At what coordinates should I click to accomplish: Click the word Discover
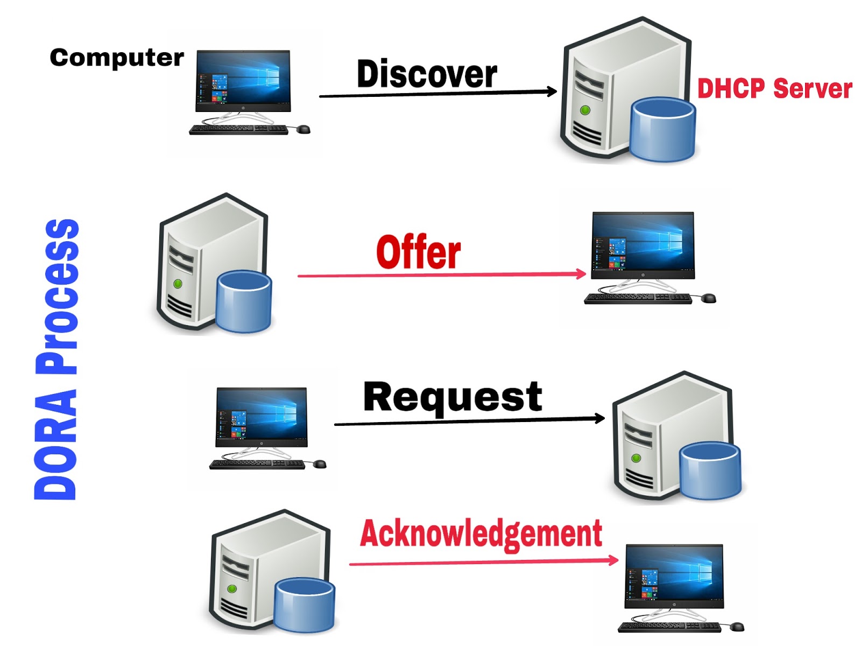[427, 74]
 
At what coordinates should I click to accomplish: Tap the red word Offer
[418, 252]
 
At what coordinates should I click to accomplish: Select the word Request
[453, 398]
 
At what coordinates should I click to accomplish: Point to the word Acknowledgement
[481, 533]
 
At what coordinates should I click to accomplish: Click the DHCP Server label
[774, 89]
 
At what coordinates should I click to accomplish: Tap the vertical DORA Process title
[56, 360]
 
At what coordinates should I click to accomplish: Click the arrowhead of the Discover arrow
[553, 91]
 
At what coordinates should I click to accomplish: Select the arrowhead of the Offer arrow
[582, 273]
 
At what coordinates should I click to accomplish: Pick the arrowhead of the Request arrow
[600, 418]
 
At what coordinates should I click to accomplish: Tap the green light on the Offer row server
[178, 284]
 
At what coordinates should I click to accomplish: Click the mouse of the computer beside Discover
[304, 129]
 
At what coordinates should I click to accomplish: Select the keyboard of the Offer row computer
[638, 298]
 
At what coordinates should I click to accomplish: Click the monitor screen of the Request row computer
[262, 413]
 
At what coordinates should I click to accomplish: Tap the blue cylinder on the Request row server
[710, 471]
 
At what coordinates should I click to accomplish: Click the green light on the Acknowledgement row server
[232, 589]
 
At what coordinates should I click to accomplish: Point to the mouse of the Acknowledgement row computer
[737, 627]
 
